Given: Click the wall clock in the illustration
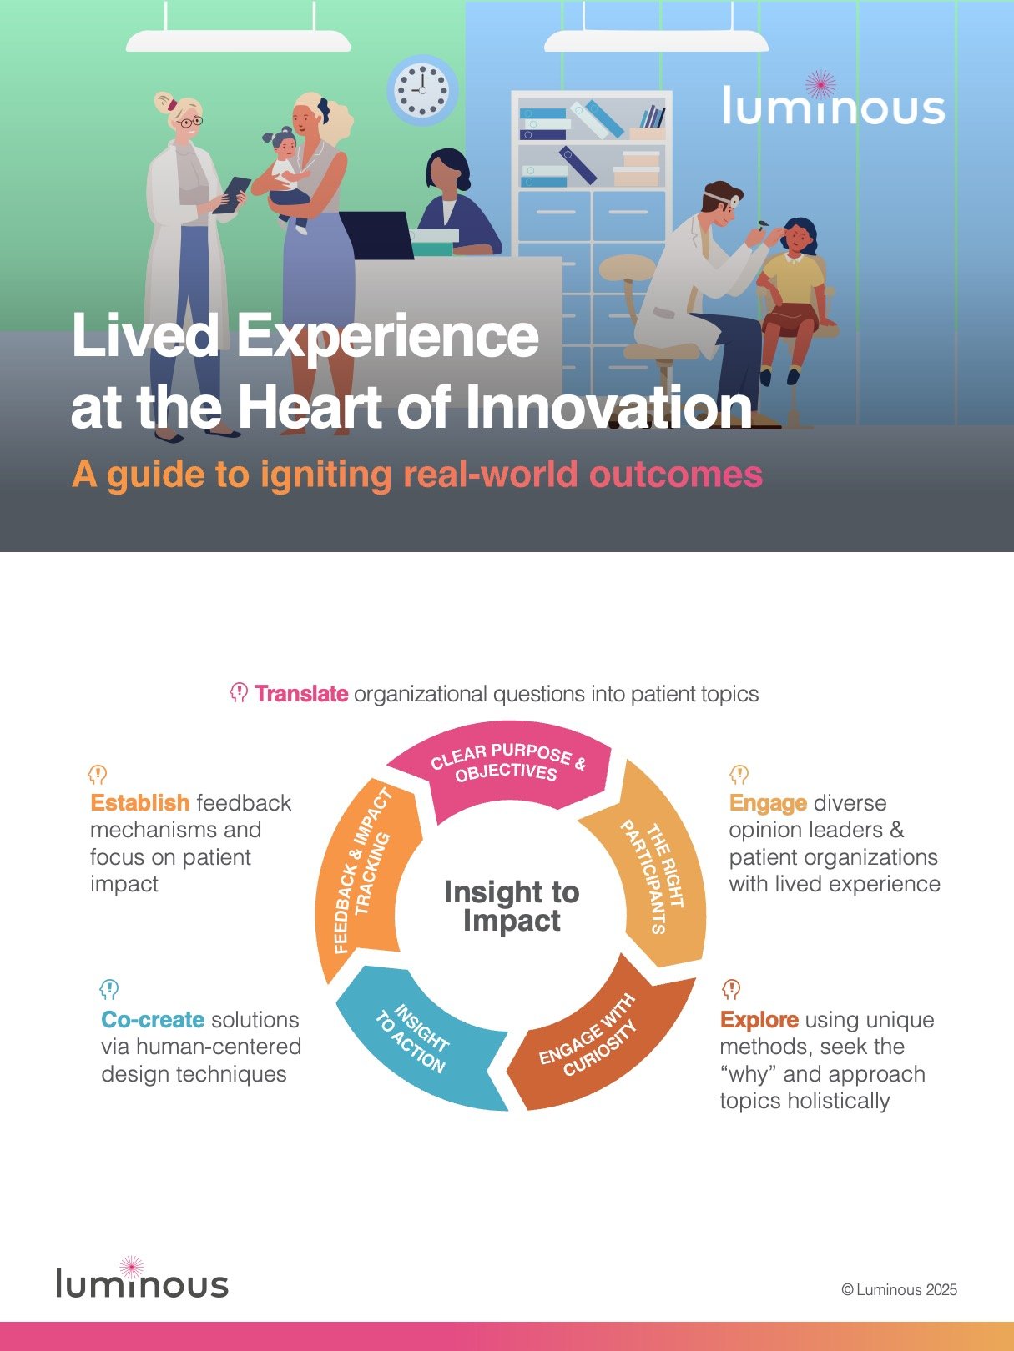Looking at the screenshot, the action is (x=422, y=90).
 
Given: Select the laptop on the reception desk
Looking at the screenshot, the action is (x=376, y=234).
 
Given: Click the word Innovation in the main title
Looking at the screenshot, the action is (x=608, y=408).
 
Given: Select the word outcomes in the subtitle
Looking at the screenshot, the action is (x=675, y=475).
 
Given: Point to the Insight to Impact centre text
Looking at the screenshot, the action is (x=512, y=906).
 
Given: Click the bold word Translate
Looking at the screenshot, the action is (x=301, y=694).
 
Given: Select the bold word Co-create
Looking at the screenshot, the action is (x=153, y=1019).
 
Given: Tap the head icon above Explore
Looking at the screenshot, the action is (x=731, y=989).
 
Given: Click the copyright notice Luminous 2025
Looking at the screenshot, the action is (x=900, y=1289).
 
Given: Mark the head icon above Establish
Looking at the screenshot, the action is (x=98, y=775).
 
